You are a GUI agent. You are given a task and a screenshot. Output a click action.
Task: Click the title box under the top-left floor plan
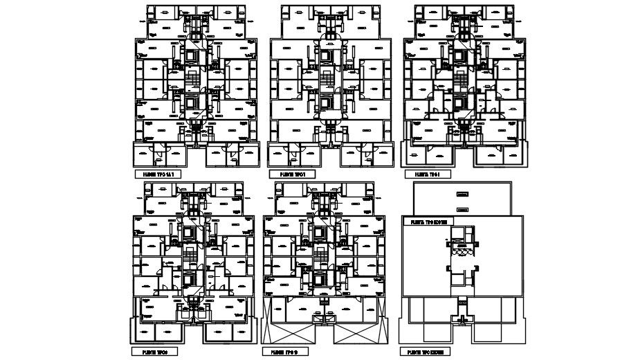tap(156, 174)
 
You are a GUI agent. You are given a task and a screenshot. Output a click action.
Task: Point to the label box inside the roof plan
tap(428, 223)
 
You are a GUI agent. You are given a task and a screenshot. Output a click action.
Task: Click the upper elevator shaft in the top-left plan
tap(190, 55)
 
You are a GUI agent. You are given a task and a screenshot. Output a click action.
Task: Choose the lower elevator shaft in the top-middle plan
tap(325, 101)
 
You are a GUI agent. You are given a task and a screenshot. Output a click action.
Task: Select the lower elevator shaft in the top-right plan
tap(459, 101)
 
